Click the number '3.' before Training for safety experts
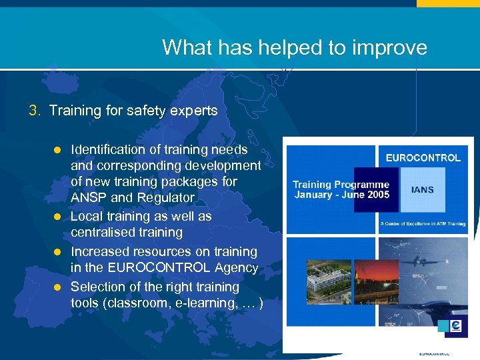coord(36,111)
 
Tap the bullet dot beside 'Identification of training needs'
coord(57,150)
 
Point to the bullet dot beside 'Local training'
coord(57,217)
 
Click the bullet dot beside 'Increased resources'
coord(57,252)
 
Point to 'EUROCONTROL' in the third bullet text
coord(163,268)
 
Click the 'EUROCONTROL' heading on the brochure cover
coord(423,158)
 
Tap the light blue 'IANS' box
coord(422,190)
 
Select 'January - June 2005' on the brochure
coord(341,195)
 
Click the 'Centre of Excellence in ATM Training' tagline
coord(423,224)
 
